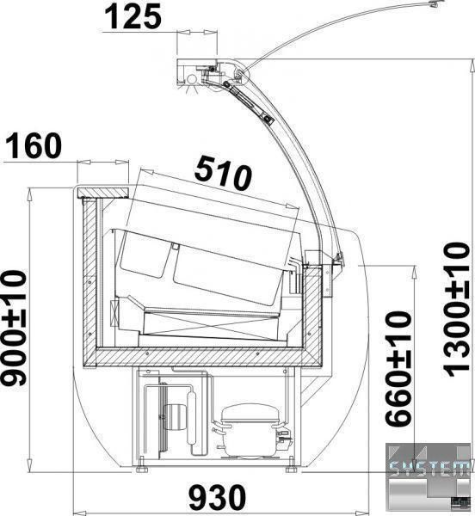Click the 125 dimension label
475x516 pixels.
click(133, 17)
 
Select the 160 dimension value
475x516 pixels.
click(34, 146)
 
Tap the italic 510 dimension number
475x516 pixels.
click(223, 173)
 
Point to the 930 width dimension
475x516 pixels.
click(218, 496)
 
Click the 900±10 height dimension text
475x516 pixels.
click(13, 328)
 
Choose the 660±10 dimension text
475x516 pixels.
click(398, 369)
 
